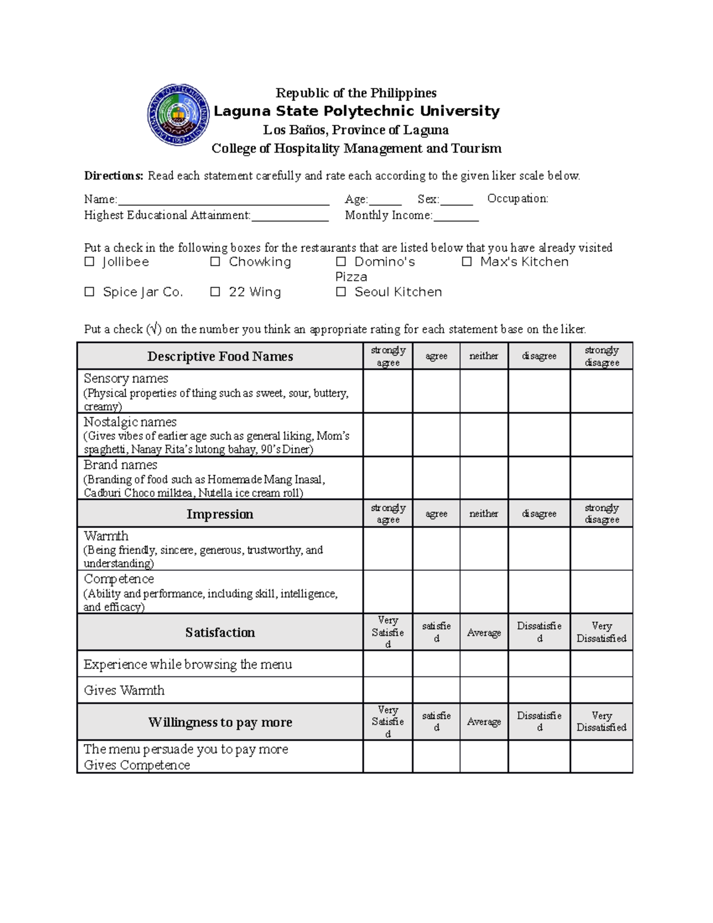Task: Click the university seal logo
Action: (178, 115)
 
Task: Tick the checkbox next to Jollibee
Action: (90, 262)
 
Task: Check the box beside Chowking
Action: (215, 262)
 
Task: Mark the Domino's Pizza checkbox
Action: (341, 262)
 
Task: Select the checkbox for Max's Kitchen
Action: (467, 262)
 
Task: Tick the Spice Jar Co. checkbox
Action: (90, 292)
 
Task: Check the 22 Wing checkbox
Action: (215, 292)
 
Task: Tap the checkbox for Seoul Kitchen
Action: (341, 292)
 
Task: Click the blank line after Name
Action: (223, 200)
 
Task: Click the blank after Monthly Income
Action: (456, 216)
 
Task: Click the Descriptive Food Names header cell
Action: (220, 356)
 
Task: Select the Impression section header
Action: (220, 514)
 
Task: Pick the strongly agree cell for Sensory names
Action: (388, 392)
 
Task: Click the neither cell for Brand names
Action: (484, 478)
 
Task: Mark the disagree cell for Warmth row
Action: (539, 549)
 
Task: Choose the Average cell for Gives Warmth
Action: (484, 690)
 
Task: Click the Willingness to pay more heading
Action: (220, 722)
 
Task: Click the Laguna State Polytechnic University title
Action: (356, 111)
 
